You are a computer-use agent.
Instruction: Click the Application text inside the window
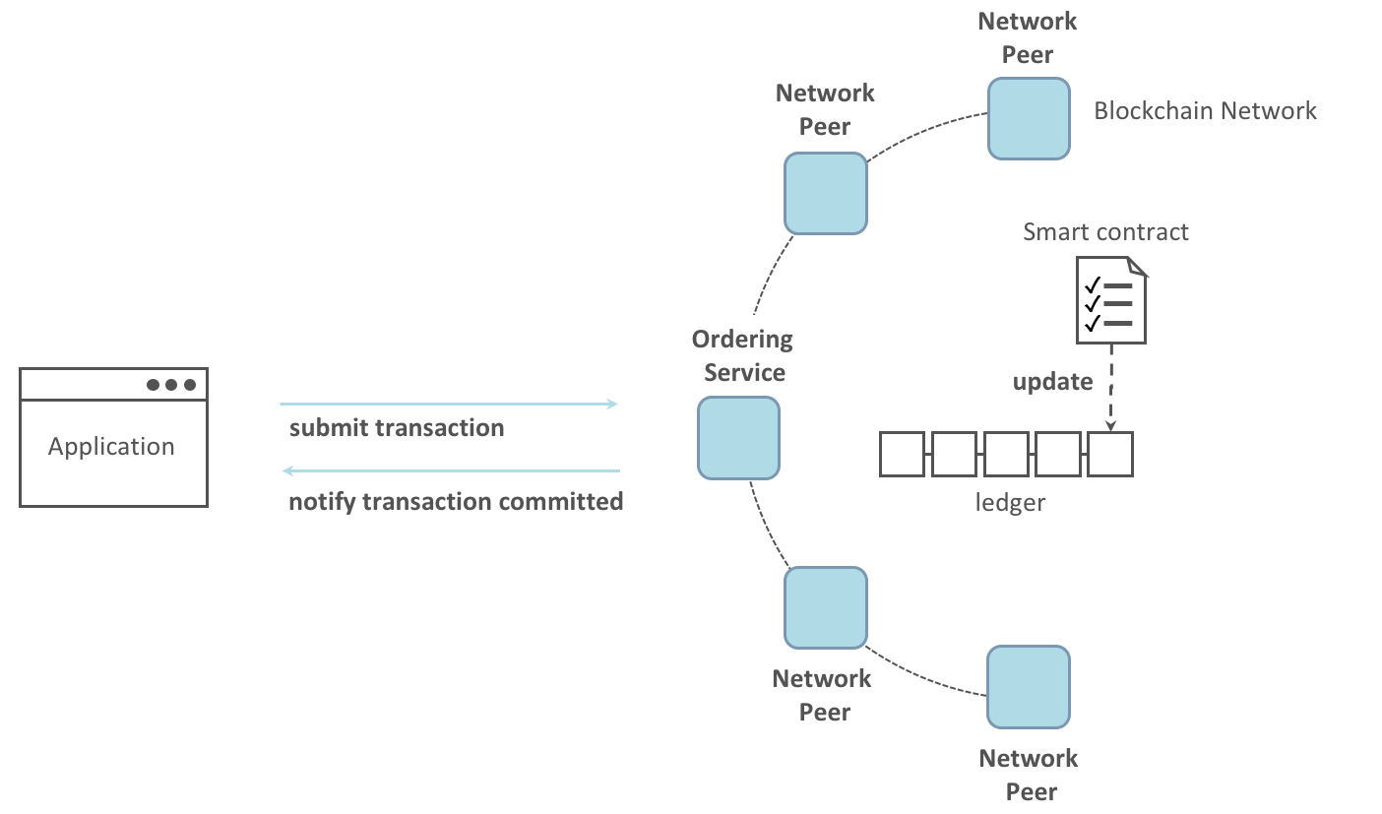click(x=111, y=447)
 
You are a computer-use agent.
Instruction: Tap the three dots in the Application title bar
click(x=171, y=385)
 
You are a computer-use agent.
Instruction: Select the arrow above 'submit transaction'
click(x=448, y=404)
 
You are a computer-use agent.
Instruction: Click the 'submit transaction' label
click(x=397, y=428)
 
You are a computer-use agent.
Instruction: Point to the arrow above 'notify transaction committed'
click(x=451, y=471)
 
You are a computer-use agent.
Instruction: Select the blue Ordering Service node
click(x=738, y=438)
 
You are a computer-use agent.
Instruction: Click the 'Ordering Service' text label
click(x=742, y=356)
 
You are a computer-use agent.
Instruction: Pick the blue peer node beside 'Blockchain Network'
click(x=1029, y=119)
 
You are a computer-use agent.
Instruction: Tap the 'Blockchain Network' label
click(x=1205, y=110)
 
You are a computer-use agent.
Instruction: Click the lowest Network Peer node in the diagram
click(x=1029, y=687)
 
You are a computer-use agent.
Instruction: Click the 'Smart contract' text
click(x=1105, y=232)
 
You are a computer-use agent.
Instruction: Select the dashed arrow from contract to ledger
click(x=1111, y=387)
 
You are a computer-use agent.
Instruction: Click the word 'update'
click(x=1052, y=382)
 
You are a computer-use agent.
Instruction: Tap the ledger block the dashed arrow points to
click(x=1110, y=454)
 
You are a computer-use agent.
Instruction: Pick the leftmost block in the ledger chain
click(x=902, y=454)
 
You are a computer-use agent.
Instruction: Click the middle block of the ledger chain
click(x=1006, y=454)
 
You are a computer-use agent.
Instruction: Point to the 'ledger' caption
click(x=1010, y=503)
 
